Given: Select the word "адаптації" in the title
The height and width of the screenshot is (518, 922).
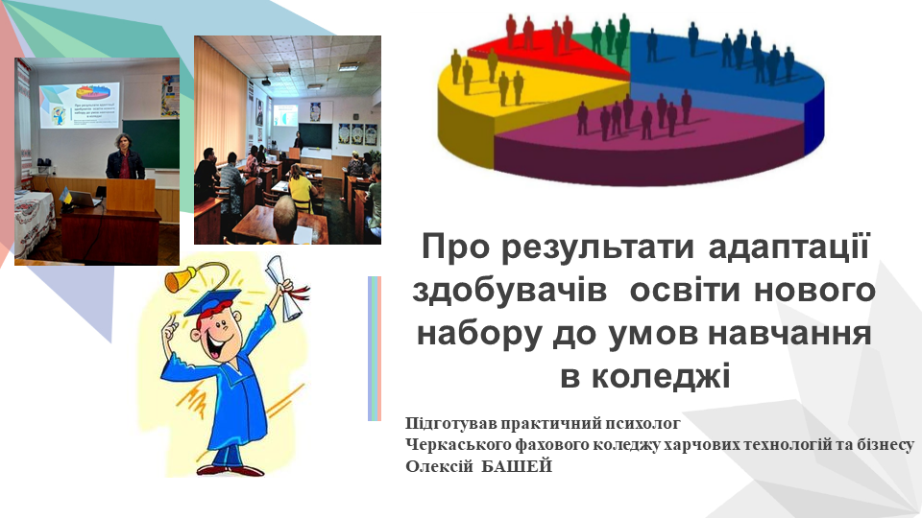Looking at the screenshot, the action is [x=789, y=247].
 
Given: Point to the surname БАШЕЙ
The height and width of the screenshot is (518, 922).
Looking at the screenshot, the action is [x=517, y=466].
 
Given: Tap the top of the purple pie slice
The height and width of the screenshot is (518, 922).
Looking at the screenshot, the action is [x=646, y=111].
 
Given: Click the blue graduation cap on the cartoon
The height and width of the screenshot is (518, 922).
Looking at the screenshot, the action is [x=213, y=302].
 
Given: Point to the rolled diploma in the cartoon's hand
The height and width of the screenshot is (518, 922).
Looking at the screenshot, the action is [x=286, y=288].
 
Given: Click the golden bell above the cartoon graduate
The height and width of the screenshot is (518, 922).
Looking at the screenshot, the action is [x=182, y=279].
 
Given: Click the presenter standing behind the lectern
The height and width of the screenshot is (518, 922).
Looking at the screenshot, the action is [x=125, y=157].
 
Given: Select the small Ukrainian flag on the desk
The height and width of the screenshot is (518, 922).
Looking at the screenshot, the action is [x=66, y=197].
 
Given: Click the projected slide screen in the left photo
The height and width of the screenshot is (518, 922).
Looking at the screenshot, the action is [x=80, y=105].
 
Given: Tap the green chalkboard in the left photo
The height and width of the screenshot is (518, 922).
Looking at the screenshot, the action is [x=151, y=144].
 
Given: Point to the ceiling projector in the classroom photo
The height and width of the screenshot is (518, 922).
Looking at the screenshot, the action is [x=266, y=81].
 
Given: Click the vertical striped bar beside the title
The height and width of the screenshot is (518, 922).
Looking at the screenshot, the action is [x=375, y=348].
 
